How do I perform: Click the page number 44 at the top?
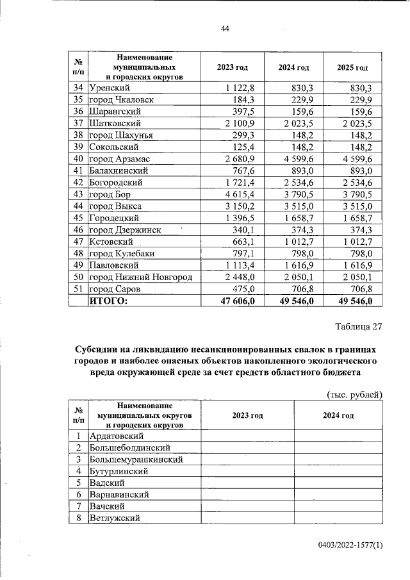[225, 29]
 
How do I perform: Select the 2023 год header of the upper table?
[232, 67]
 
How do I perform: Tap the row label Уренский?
[110, 88]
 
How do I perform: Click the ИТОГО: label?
[108, 300]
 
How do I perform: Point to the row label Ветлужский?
[116, 518]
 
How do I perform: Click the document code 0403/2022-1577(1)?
[349, 545]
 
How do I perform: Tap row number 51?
[78, 288]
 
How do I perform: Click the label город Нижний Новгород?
[140, 276]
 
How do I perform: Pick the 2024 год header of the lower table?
[339, 415]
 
